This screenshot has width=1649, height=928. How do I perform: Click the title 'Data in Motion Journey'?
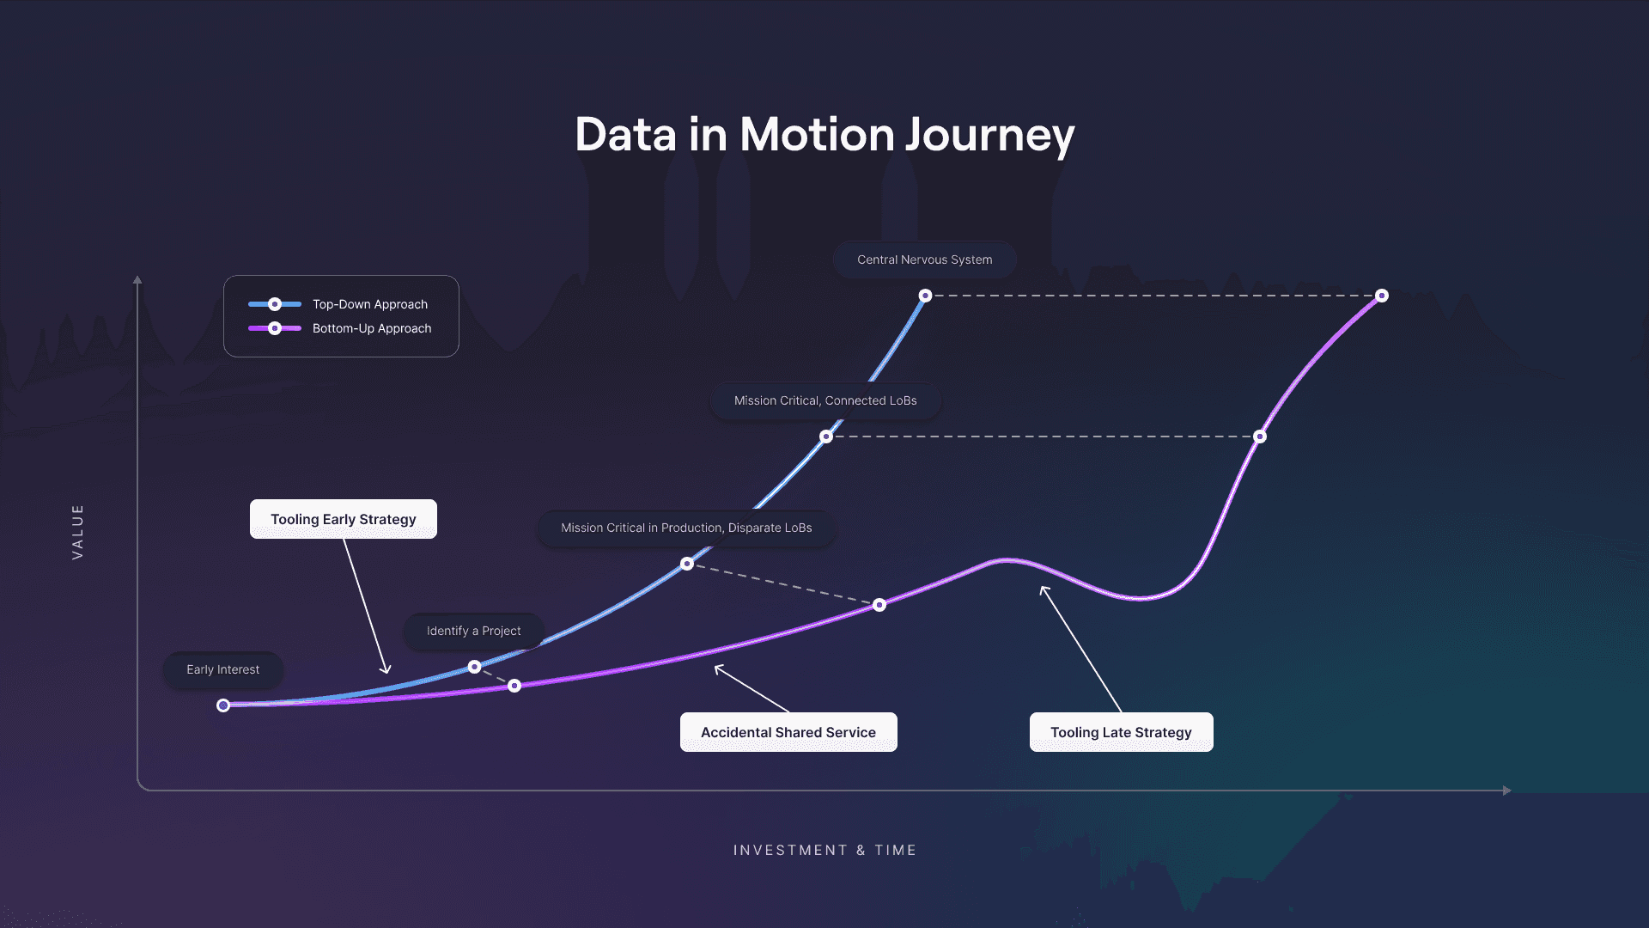pos(824,135)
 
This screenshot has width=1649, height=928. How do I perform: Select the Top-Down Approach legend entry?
pos(369,304)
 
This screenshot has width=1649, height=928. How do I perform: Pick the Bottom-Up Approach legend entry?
pos(371,328)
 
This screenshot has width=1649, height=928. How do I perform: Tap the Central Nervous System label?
pos(924,259)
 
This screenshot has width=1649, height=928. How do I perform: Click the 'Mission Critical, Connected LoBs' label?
pos(824,400)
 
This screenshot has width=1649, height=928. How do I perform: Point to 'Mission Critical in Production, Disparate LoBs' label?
pos(685,528)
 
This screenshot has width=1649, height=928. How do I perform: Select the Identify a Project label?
pos(473,631)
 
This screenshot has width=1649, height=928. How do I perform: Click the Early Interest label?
pos(222,669)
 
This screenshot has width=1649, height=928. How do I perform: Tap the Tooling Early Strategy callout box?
pos(343,519)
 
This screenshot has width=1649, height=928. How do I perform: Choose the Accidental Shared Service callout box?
pos(788,732)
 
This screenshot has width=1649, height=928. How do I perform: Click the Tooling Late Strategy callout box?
pos(1121,732)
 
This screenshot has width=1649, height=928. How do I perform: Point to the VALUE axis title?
pos(77,532)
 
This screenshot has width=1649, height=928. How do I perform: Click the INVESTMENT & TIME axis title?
pos(824,850)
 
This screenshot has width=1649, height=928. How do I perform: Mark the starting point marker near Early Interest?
pos(223,705)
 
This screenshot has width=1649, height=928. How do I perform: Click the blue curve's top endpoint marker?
pos(925,296)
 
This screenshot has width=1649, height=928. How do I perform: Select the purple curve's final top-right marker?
pos(1381,296)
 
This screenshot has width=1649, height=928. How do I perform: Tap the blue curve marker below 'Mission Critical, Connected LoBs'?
pos(826,437)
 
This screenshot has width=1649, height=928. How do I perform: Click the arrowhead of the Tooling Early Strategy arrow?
pos(386,671)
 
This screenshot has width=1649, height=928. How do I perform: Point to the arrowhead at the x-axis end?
pos(1506,791)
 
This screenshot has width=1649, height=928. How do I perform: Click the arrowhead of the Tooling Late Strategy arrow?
pos(1044,589)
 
